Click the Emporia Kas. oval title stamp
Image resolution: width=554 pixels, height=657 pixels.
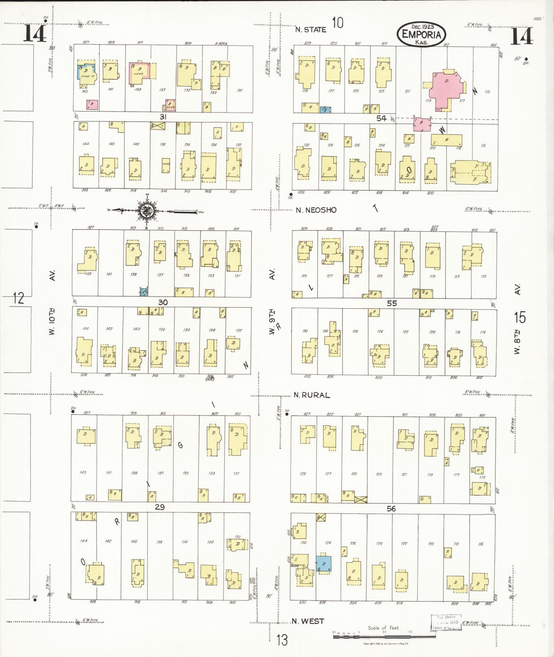421,34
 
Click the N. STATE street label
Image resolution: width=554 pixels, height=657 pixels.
311,30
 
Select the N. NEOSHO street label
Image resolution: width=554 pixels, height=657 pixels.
316,210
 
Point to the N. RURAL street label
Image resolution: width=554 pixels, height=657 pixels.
312,395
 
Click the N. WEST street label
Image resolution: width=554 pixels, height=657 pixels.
308,621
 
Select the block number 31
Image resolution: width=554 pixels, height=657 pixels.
163,117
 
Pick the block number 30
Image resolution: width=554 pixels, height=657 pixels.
163,302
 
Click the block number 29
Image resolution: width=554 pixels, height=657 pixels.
160,507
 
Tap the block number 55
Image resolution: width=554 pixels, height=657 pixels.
392,303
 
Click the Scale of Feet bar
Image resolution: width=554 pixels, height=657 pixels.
384,636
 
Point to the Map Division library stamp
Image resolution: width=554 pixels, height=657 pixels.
446,623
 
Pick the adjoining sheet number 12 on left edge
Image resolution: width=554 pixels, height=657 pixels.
19,298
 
